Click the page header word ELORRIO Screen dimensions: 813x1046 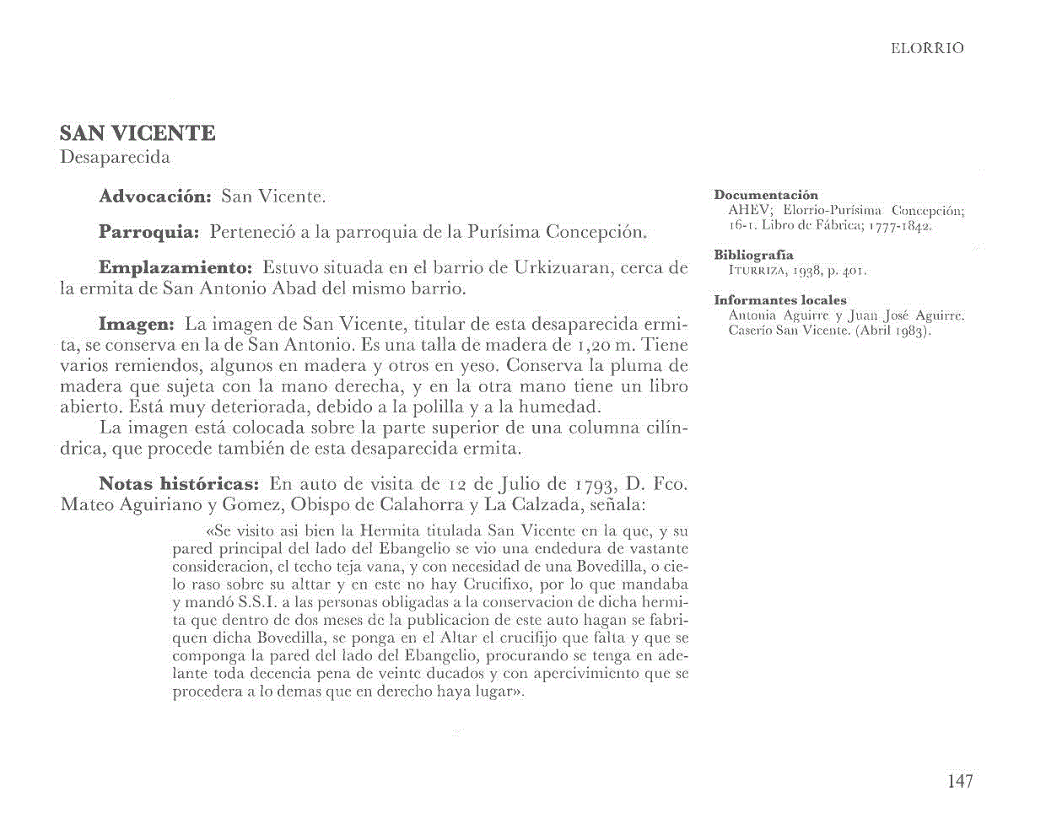tap(926, 49)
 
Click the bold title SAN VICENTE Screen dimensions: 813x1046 tap(137, 133)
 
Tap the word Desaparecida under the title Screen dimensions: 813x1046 tap(115, 158)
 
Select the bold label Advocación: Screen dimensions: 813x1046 tap(154, 197)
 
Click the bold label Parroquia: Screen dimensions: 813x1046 tap(148, 231)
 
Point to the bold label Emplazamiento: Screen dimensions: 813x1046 tap(175, 268)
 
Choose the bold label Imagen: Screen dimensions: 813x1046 tap(136, 324)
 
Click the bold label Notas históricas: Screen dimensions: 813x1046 tap(178, 484)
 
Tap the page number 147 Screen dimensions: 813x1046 tap(960, 781)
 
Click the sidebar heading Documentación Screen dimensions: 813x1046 tap(766, 195)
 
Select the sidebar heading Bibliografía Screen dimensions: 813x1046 tap(753, 255)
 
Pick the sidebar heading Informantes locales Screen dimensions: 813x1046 tap(779, 300)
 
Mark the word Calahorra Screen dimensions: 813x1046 tap(408, 506)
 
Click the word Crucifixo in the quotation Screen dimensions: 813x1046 tap(493, 584)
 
